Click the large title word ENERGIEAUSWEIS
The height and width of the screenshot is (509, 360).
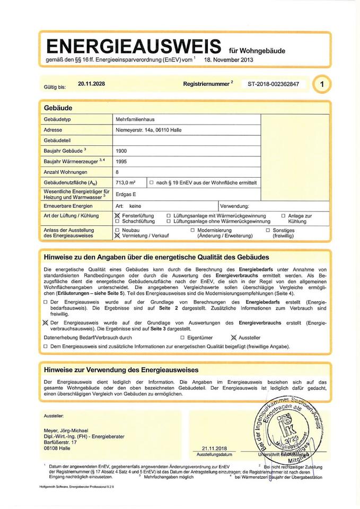(134, 45)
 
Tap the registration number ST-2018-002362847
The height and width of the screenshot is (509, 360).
(273, 84)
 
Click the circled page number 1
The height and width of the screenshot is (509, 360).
(322, 84)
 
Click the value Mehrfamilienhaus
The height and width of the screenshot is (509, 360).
(135, 120)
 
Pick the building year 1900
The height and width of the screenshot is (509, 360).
(121, 151)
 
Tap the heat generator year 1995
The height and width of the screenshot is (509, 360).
(121, 162)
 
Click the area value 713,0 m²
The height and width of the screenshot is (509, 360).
(126, 182)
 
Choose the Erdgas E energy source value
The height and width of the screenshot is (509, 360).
(126, 194)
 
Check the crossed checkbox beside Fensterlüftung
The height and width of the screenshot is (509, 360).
(117, 216)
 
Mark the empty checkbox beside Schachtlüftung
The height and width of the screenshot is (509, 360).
(117, 221)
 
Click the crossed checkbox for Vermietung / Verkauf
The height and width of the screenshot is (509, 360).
(117, 235)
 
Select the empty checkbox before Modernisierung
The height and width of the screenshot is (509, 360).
(192, 230)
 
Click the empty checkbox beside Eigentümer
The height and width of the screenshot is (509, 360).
(182, 337)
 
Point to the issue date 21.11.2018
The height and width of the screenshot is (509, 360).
(214, 448)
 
